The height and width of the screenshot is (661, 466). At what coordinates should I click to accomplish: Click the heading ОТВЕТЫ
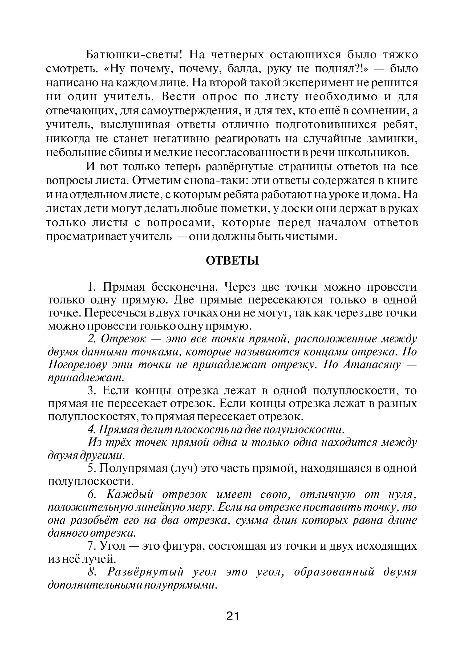point(233,261)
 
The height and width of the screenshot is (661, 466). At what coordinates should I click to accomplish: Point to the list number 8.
point(92,572)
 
